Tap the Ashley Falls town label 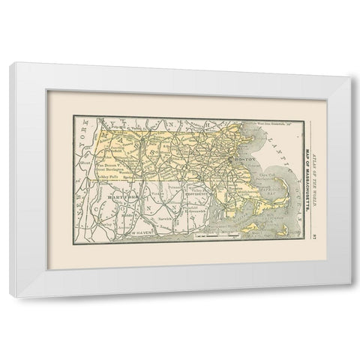[109, 184]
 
